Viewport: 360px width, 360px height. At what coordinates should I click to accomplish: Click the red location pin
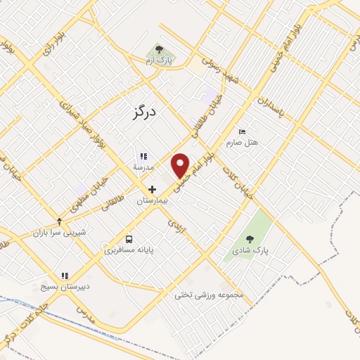pos(181,165)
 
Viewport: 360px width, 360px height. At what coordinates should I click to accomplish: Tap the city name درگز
pos(143,111)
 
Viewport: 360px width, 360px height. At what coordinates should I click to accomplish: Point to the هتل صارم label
pos(243,143)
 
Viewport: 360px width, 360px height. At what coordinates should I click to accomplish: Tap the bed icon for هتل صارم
pos(243,132)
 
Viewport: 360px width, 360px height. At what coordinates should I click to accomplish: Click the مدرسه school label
pos(143,167)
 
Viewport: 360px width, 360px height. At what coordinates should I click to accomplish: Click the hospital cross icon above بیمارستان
pos(151,189)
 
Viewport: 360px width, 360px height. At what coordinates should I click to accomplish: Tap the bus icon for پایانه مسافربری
pos(129,238)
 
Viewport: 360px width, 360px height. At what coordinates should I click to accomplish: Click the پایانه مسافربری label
pos(129,250)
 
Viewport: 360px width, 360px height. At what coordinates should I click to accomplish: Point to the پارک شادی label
pos(252,250)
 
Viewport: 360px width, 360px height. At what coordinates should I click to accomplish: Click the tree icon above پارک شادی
pos(252,239)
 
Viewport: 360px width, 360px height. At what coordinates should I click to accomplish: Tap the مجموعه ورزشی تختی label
pos(209,295)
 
